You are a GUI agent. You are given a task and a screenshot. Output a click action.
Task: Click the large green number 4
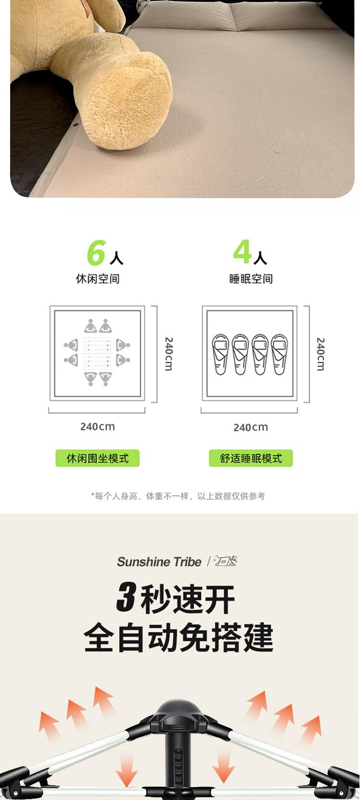pyautogui.click(x=242, y=251)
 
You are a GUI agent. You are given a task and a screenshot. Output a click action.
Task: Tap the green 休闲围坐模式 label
pyautogui.click(x=97, y=458)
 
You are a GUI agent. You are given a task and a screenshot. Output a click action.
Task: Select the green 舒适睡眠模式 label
pyautogui.click(x=251, y=458)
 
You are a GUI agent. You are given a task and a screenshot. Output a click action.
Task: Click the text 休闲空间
pyautogui.click(x=97, y=279)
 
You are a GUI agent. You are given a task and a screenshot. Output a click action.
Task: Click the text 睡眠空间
pyautogui.click(x=251, y=279)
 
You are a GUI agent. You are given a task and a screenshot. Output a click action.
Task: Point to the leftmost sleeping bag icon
pyautogui.click(x=221, y=354)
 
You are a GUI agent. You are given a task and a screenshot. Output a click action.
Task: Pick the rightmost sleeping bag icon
pyautogui.click(x=279, y=354)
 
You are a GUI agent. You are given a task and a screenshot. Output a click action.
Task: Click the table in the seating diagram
pyautogui.click(x=97, y=353)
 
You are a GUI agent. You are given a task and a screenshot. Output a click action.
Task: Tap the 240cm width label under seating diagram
pyautogui.click(x=97, y=427)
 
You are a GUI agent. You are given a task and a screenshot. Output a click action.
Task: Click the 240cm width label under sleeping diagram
pyautogui.click(x=251, y=427)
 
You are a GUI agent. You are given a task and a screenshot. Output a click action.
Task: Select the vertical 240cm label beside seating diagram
pyautogui.click(x=168, y=354)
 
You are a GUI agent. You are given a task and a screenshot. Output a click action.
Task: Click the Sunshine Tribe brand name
pyautogui.click(x=159, y=562)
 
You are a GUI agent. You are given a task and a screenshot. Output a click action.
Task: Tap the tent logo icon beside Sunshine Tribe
pyautogui.click(x=226, y=561)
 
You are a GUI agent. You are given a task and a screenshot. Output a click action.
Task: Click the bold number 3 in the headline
pyautogui.click(x=126, y=598)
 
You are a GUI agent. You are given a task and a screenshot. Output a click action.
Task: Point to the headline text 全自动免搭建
pyautogui.click(x=179, y=637)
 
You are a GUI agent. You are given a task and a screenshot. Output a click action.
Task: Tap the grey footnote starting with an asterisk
pyautogui.click(x=178, y=496)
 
